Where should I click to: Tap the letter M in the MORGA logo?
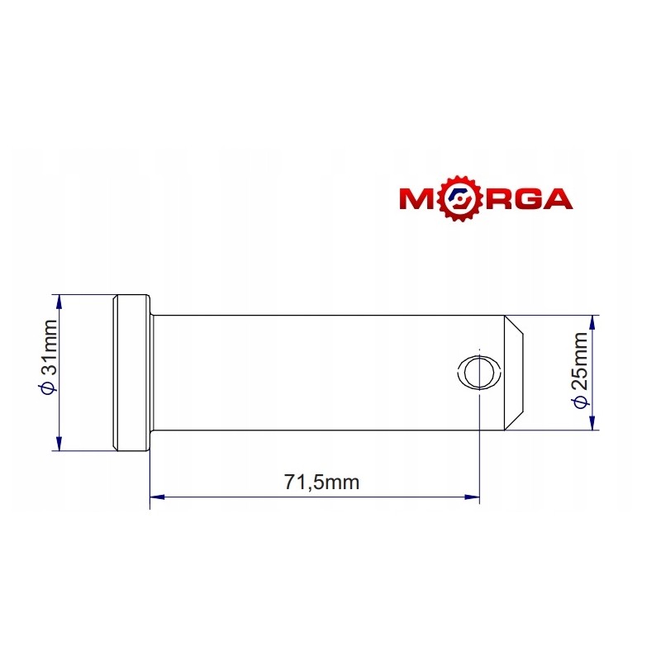[420, 199]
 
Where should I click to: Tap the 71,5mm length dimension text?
[322, 483]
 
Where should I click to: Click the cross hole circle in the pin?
[479, 372]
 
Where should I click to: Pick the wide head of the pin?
[131, 372]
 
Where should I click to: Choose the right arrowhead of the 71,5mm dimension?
[473, 497]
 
